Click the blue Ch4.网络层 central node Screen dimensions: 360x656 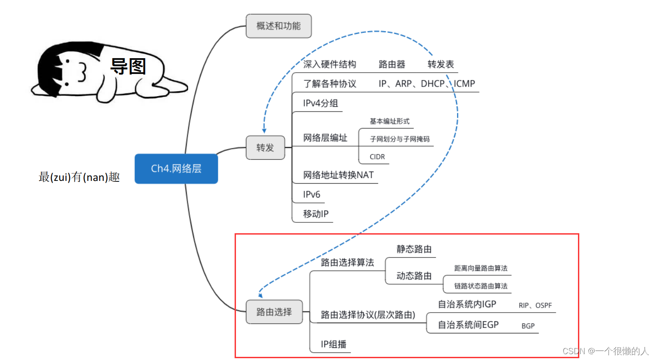[176, 169]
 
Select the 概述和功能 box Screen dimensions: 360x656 [278, 26]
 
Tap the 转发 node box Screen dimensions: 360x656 [265, 148]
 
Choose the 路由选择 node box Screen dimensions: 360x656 [274, 312]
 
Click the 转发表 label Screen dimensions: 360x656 [440, 65]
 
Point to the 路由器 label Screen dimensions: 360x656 [392, 65]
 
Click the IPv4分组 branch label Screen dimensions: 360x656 [320, 103]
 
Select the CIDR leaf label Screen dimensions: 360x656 [377, 157]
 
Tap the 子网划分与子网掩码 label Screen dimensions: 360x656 [397, 139]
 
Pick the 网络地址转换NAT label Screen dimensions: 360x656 [338, 175]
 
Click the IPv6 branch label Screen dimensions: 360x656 [312, 194]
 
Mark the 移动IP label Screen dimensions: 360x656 [315, 214]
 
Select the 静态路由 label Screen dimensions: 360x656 [414, 249]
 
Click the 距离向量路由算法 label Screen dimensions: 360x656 [481, 268]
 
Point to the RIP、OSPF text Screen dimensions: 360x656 [535, 305]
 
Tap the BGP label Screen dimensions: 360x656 [528, 326]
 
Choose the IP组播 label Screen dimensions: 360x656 [333, 345]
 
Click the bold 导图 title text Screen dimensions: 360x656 [128, 67]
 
